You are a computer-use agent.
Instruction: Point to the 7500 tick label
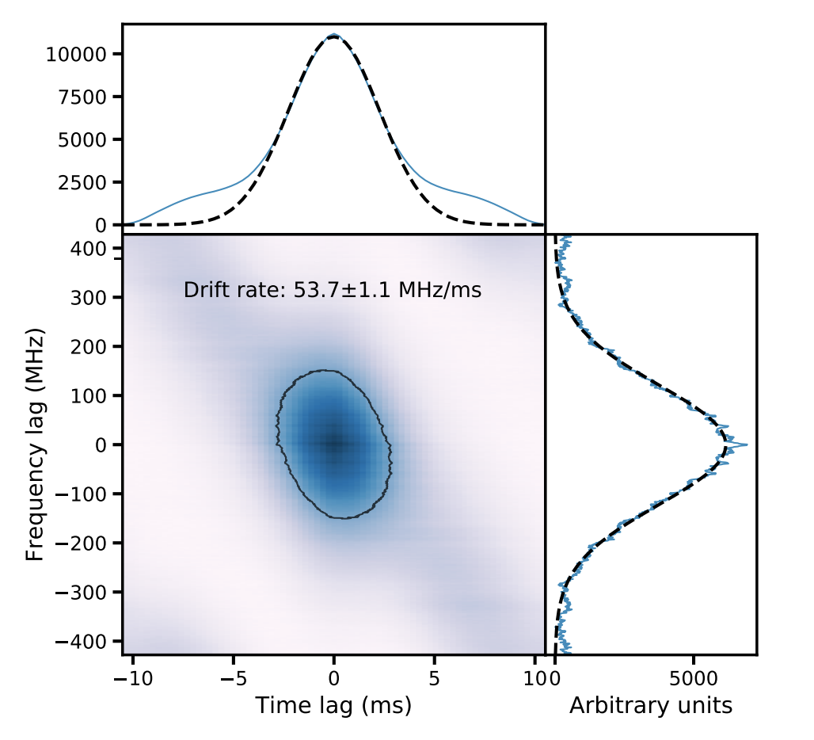86,97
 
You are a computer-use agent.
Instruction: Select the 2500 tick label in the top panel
86,182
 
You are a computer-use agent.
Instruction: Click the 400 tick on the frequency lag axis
92,249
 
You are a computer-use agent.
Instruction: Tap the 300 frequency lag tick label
92,298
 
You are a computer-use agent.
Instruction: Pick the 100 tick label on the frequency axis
92,395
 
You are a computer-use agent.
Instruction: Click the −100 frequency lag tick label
87,494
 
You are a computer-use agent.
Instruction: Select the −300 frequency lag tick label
87,592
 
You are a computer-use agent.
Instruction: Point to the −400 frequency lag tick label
87,640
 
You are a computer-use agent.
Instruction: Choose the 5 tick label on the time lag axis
434,679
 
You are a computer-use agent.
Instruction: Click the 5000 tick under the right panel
693,679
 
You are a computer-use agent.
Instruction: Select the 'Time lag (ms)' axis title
333,705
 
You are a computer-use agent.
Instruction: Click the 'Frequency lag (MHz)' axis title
35,444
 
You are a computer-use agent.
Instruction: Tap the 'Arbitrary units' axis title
651,705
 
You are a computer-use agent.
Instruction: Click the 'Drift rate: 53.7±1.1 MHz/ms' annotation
333,291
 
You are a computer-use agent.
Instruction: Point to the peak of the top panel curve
334,35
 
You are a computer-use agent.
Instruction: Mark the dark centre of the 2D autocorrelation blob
334,444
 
